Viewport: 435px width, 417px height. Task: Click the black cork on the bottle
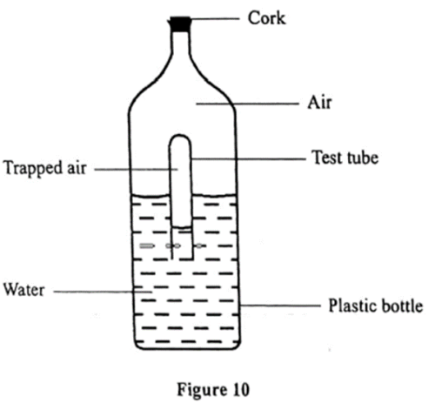pos(180,24)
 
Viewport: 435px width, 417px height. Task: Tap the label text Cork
pos(266,18)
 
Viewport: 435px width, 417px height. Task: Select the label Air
pos(319,103)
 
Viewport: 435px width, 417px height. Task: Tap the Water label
pos(24,290)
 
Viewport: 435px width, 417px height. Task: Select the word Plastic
pos(351,306)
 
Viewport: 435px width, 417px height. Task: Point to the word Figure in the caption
pos(202,390)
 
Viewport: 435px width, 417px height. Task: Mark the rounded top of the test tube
pos(180,135)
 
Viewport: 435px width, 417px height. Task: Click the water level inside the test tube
pos(181,227)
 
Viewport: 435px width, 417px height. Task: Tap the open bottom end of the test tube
pos(183,258)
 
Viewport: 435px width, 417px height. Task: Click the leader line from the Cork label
pos(215,18)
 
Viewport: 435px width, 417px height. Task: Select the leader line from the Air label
pos(247,104)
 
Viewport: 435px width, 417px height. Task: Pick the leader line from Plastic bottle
pos(280,306)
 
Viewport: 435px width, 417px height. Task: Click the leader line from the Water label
pos(103,292)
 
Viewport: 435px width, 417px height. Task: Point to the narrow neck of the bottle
pos(180,44)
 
